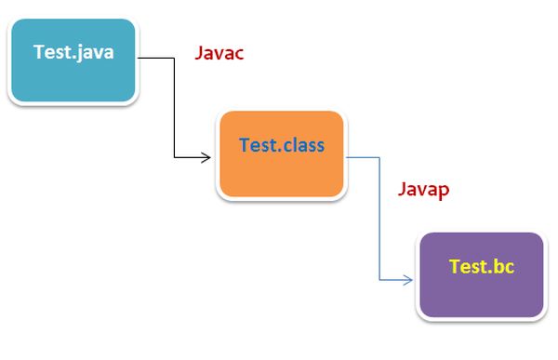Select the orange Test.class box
click(x=281, y=155)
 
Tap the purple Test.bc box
click(x=481, y=275)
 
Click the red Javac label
click(x=219, y=53)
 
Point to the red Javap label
click(x=424, y=189)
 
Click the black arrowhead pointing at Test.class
click(x=206, y=159)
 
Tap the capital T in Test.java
click(x=38, y=52)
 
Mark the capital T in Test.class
click(x=245, y=145)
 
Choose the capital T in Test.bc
click(x=454, y=267)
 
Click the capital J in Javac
click(x=199, y=53)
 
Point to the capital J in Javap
click(x=403, y=189)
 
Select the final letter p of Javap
click(x=445, y=191)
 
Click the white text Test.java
click(x=73, y=52)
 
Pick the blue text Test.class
click(x=282, y=145)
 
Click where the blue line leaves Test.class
click(x=348, y=157)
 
